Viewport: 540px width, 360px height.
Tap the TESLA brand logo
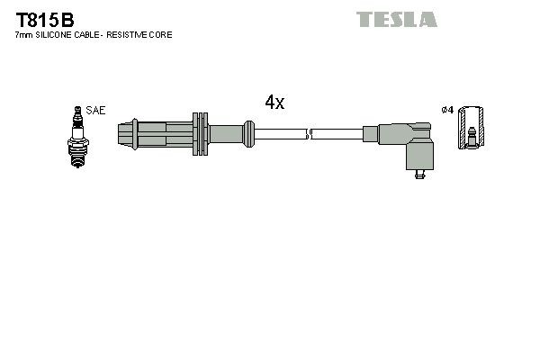coord(396,18)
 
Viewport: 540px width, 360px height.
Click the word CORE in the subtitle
coord(162,34)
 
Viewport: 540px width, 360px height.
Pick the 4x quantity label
coord(274,103)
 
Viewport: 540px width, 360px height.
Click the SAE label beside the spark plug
coord(96,110)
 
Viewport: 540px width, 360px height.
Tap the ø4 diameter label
coord(446,110)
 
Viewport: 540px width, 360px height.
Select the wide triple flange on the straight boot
coord(201,135)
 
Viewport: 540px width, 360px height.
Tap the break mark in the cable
coord(309,135)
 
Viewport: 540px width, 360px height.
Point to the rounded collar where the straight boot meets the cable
coord(246,135)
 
